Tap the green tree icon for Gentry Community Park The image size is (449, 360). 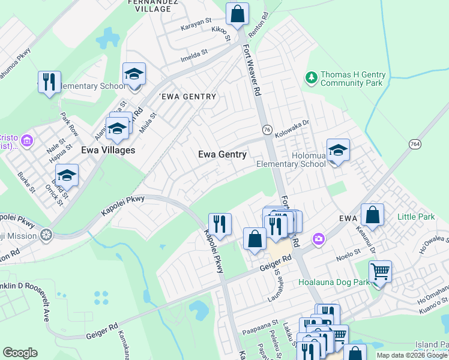pyautogui.click(x=311, y=78)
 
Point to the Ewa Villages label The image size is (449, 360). pyautogui.click(x=108, y=150)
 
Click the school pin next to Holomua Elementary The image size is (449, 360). pyautogui.click(x=338, y=151)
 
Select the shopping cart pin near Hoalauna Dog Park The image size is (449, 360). pyautogui.click(x=380, y=272)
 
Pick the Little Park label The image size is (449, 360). pyautogui.click(x=415, y=215)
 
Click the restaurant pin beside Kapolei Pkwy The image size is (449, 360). pyautogui.click(x=220, y=224)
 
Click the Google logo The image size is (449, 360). pyautogui.click(x=20, y=352)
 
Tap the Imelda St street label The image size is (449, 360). pyautogui.click(x=194, y=53)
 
